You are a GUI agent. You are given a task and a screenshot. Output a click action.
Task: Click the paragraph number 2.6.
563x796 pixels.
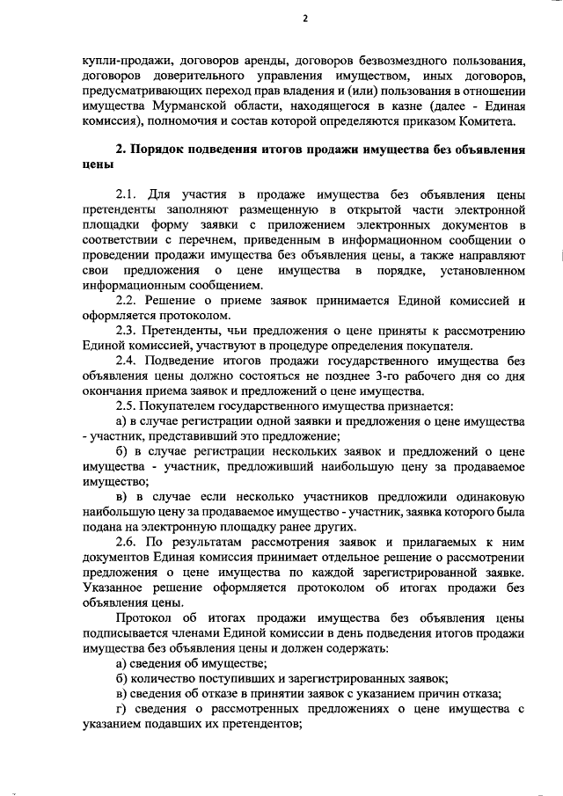129,540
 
